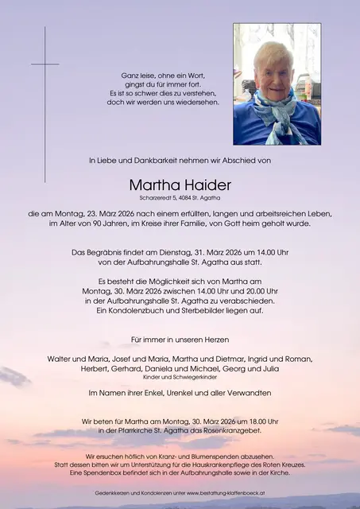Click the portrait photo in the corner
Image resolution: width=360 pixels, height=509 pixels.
[277, 84]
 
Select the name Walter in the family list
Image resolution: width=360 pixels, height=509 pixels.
[60, 357]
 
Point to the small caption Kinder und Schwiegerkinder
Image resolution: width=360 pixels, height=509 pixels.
[180, 378]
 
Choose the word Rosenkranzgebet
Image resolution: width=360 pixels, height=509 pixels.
[238, 430]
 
